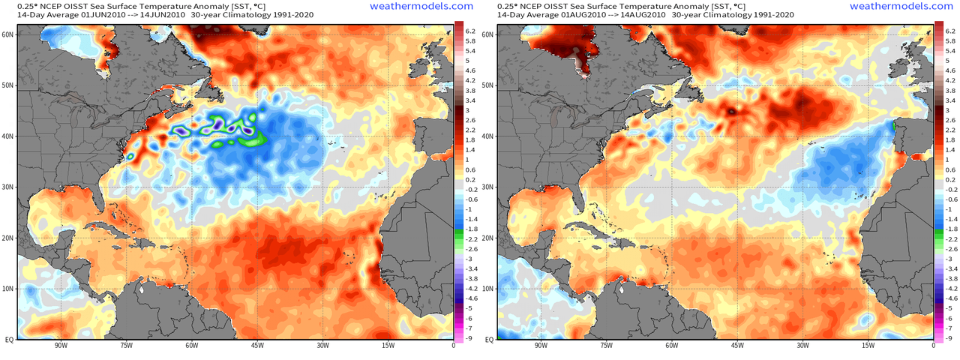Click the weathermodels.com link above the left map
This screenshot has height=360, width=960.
coord(421,5)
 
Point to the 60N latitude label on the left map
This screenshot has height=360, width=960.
coord(8,34)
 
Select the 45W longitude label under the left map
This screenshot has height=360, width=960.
coord(256,346)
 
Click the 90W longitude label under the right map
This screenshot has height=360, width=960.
coord(540,346)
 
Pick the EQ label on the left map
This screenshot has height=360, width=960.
coord(8,340)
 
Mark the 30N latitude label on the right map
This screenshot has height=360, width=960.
coord(488,187)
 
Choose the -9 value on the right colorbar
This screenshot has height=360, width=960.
coord(950,338)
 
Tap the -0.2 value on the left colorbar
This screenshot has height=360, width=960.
coord(471,190)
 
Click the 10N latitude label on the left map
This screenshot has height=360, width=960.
coord(8,289)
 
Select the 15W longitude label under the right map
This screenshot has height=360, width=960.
coord(868,346)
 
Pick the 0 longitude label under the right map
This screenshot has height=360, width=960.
coord(933,346)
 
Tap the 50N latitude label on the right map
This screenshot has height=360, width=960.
coord(488,85)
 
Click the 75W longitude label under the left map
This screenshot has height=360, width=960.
coord(125,346)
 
